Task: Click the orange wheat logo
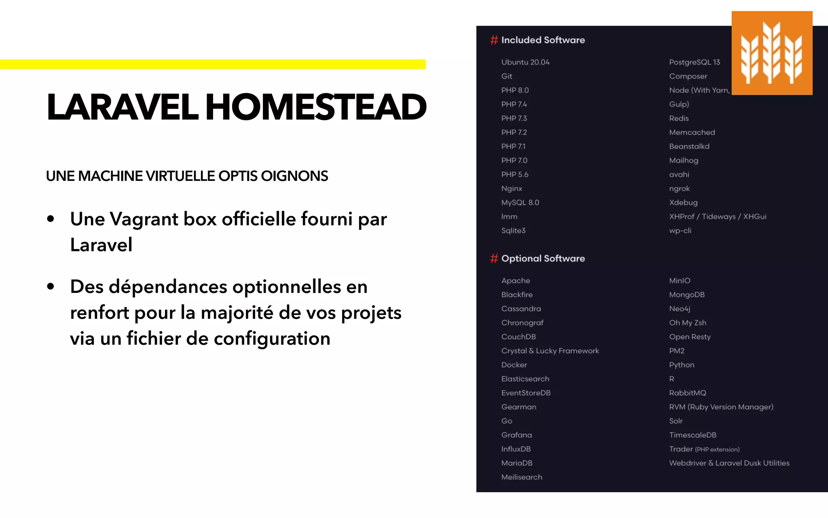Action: point(771,53)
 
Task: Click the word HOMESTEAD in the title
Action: point(316,107)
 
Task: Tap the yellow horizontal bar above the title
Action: point(213,64)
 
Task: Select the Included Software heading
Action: point(543,40)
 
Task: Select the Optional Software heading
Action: point(543,259)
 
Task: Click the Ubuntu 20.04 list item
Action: point(525,62)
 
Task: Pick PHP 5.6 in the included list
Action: point(515,174)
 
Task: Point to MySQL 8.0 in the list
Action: point(520,202)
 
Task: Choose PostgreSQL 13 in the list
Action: point(694,62)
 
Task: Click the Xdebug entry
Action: point(683,202)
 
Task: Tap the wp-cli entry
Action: point(680,231)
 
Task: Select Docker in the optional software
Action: point(514,365)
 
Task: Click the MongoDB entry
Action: point(686,295)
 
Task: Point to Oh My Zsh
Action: point(687,323)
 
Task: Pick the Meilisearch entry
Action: point(522,477)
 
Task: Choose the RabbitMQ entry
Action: point(687,393)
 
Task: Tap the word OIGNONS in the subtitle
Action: point(294,176)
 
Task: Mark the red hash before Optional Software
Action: point(494,259)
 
